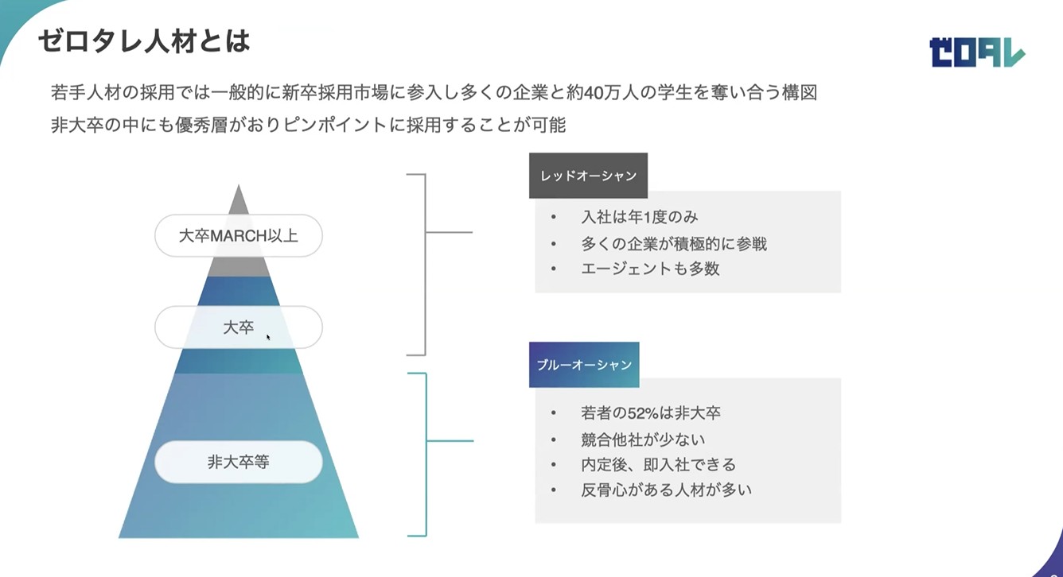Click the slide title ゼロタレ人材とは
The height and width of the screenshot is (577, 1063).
pyautogui.click(x=144, y=41)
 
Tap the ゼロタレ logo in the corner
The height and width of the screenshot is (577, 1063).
pyautogui.click(x=977, y=52)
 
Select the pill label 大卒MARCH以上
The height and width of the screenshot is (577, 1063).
pyautogui.click(x=239, y=235)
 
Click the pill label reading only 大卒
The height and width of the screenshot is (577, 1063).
pyautogui.click(x=239, y=327)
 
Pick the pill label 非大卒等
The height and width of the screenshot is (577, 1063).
pyautogui.click(x=239, y=462)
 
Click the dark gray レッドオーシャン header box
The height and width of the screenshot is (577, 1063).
pyautogui.click(x=589, y=176)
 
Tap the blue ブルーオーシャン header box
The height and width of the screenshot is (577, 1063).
pyautogui.click(x=584, y=365)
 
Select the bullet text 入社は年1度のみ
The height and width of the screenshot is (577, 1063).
pyautogui.click(x=640, y=217)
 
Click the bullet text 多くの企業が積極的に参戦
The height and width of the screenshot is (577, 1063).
pyautogui.click(x=674, y=244)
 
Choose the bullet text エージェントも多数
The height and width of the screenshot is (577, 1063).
pyautogui.click(x=650, y=269)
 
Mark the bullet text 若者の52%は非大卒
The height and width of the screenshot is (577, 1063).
pyautogui.click(x=651, y=413)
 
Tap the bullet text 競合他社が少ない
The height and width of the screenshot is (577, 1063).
pyautogui.click(x=643, y=440)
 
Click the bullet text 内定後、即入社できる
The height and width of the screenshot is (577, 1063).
pyautogui.click(x=658, y=465)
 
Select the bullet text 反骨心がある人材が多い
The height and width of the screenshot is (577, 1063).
pyautogui.click(x=666, y=490)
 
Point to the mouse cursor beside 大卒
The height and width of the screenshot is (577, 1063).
pyautogui.click(x=268, y=337)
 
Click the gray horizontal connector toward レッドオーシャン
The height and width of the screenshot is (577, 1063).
pyautogui.click(x=449, y=232)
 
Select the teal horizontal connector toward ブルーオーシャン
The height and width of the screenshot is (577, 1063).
pyautogui.click(x=450, y=441)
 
